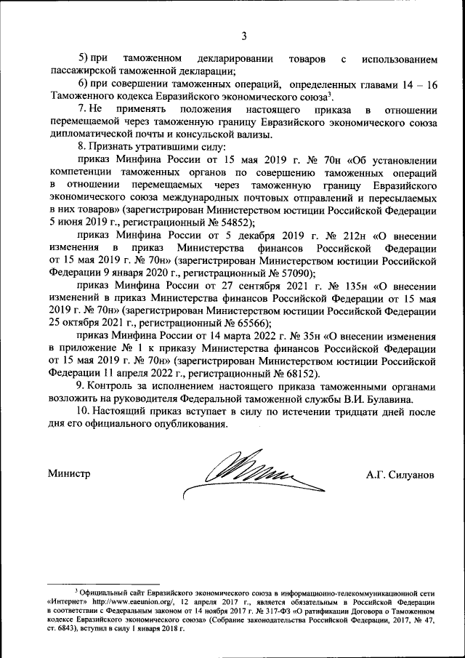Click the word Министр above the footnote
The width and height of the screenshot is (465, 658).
pos(69,474)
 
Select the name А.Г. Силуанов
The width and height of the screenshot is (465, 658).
pos(400,474)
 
